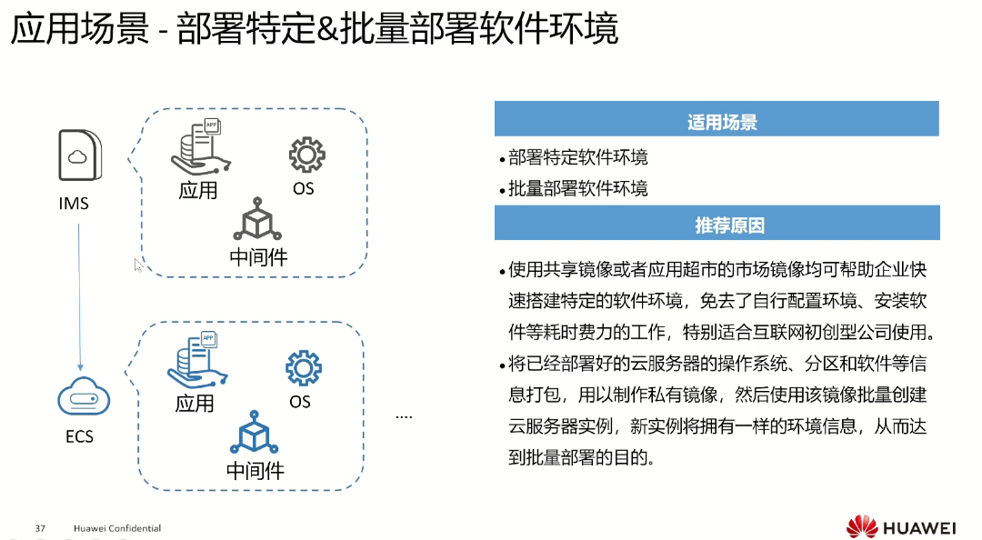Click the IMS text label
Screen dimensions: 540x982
pyautogui.click(x=74, y=204)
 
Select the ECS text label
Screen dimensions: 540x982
pyautogui.click(x=79, y=436)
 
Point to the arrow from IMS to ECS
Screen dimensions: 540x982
pyautogui.click(x=79, y=291)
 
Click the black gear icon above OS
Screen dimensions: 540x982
pyautogui.click(x=306, y=155)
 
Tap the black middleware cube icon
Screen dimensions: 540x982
pyautogui.click(x=258, y=221)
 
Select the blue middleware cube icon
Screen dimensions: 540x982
pyautogui.click(x=255, y=435)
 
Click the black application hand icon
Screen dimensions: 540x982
pyautogui.click(x=199, y=149)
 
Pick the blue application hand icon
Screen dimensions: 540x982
pyautogui.click(x=195, y=362)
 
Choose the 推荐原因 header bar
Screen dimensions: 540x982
pyautogui.click(x=716, y=225)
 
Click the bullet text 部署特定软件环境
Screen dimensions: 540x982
pyautogui.click(x=578, y=157)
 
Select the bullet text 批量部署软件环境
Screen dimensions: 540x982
pyautogui.click(x=578, y=189)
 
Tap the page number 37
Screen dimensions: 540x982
pyautogui.click(x=40, y=528)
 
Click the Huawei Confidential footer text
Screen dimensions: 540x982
pyautogui.click(x=117, y=528)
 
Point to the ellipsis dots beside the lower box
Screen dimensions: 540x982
pyautogui.click(x=405, y=416)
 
